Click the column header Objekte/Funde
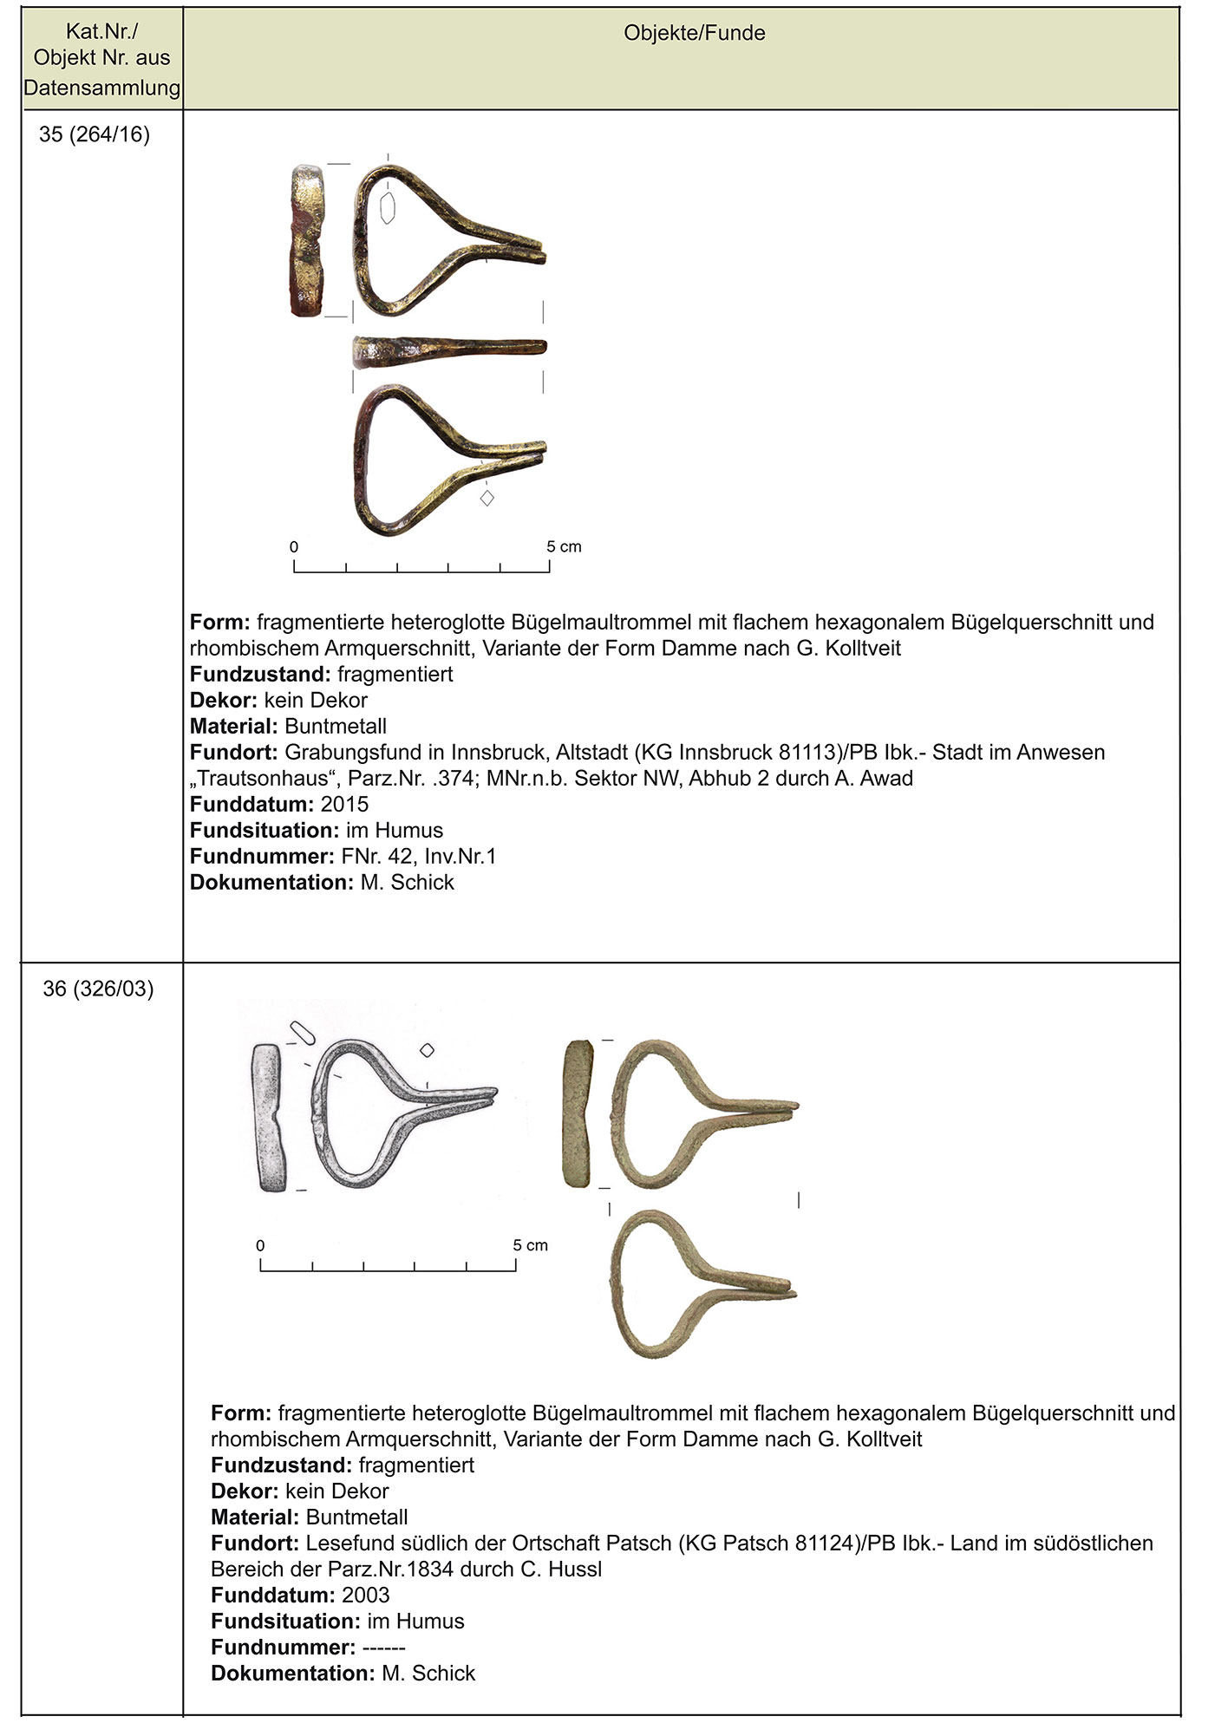694,34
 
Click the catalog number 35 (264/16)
95,135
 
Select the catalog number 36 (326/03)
98,989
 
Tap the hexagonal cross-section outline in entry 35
388,207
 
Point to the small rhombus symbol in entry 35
487,498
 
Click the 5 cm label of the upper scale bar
564,547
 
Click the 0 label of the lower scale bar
260,1246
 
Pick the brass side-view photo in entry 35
306,239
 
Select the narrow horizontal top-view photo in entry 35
449,349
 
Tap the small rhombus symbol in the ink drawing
427,1050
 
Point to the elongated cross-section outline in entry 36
303,1032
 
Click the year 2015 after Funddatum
344,805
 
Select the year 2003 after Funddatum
365,1596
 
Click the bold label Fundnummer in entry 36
283,1648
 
